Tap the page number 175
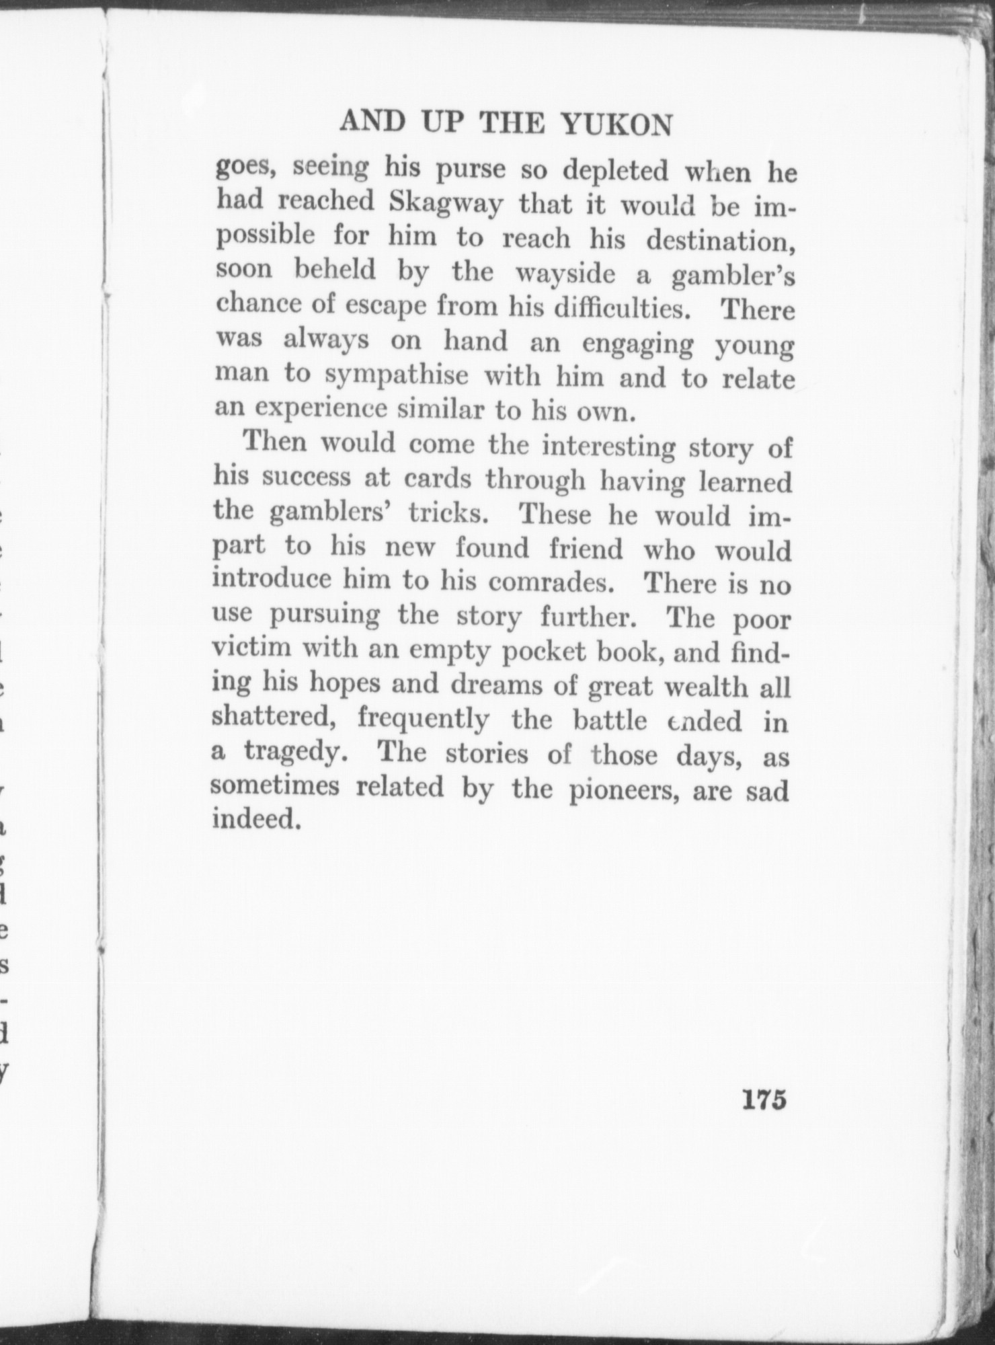click(764, 1100)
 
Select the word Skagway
click(446, 204)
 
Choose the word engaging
click(637, 344)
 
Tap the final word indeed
click(255, 820)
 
